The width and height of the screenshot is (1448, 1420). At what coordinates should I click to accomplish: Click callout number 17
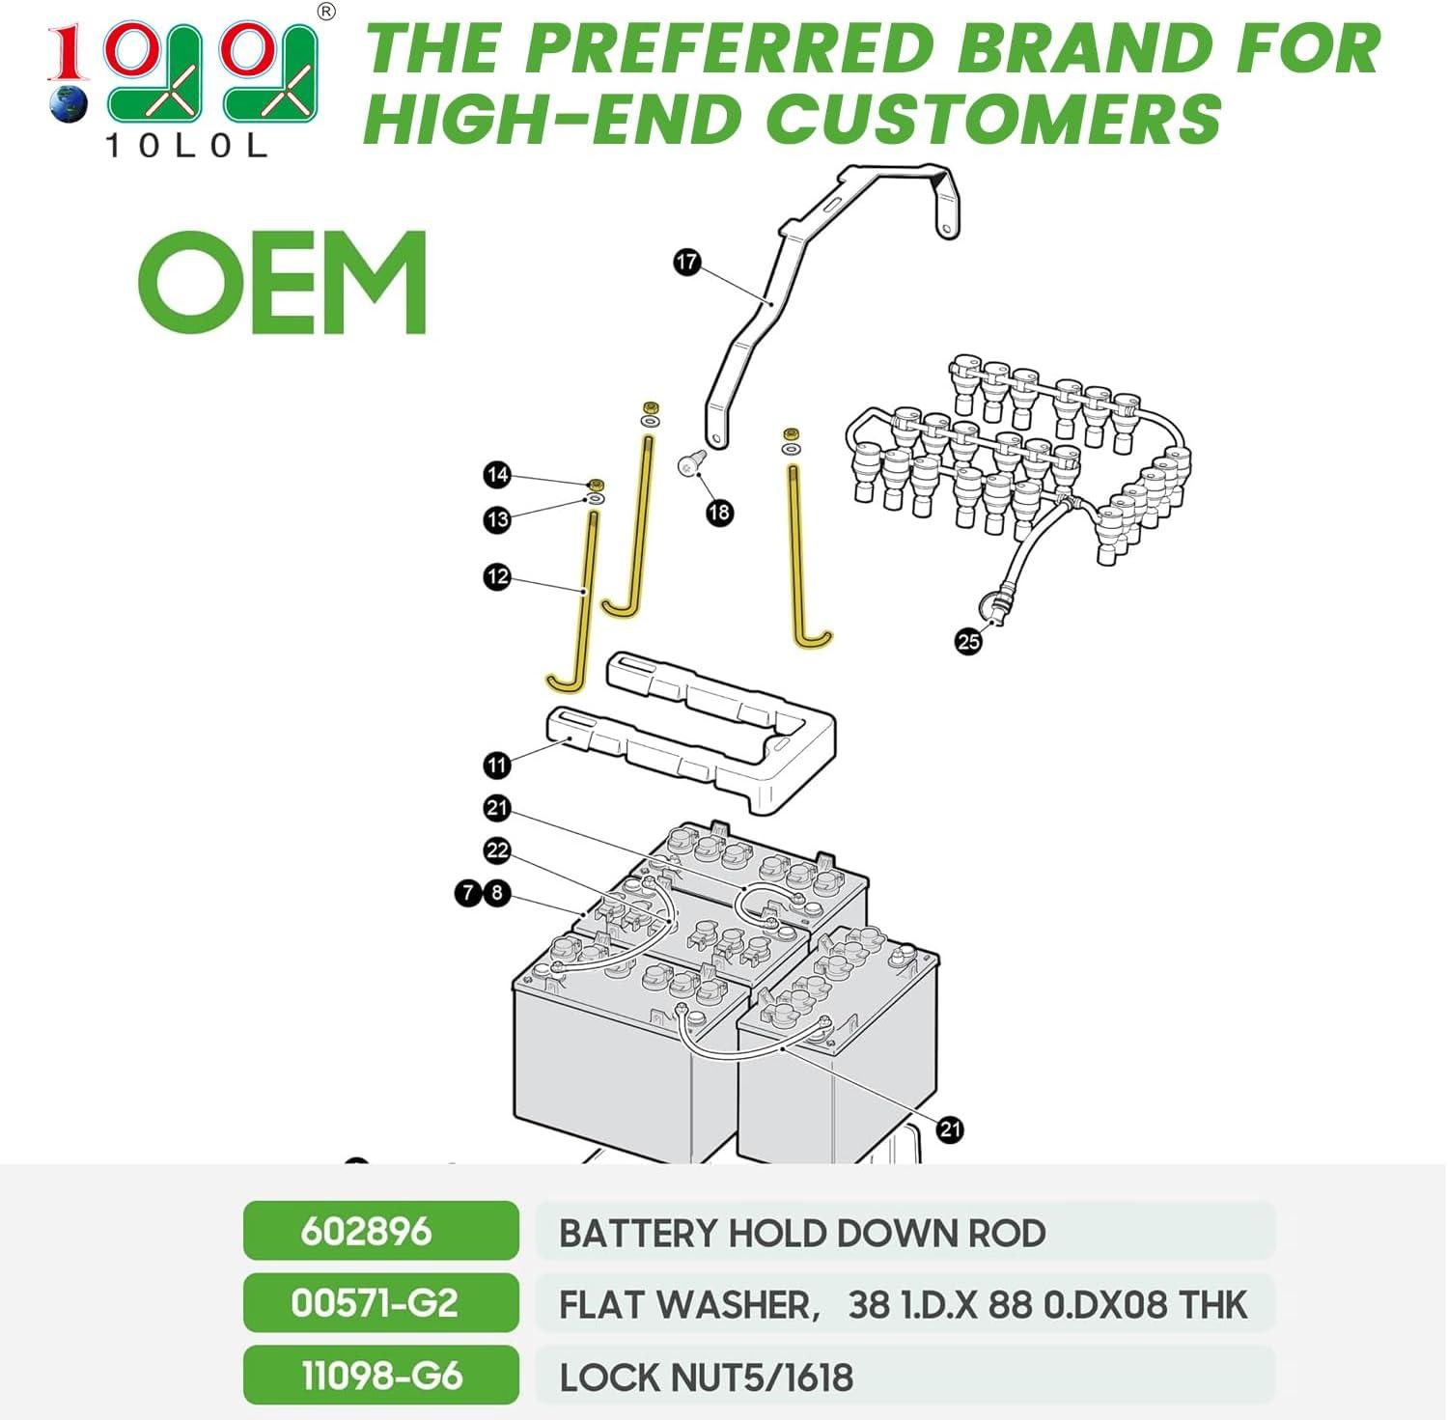click(x=686, y=262)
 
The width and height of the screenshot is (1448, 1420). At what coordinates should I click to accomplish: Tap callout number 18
click(x=719, y=513)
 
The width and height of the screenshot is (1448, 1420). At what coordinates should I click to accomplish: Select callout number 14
click(x=497, y=475)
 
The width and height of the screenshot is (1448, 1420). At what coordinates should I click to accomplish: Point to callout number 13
click(x=497, y=520)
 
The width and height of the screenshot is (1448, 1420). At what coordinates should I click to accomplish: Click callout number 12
click(x=497, y=577)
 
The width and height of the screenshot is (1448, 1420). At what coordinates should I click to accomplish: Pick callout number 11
click(x=497, y=766)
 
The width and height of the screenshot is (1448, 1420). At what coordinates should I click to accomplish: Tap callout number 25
click(x=968, y=641)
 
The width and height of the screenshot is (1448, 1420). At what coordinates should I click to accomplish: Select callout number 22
click(x=497, y=850)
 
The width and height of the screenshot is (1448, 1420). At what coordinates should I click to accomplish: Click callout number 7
click(x=468, y=893)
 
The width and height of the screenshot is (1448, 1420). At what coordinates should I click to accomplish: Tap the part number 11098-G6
click(x=382, y=1376)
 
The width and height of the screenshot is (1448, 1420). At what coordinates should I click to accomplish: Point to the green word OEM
click(x=282, y=283)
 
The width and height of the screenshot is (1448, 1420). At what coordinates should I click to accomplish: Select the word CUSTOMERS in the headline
click(x=994, y=120)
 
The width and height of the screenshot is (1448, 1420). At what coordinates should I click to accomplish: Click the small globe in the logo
click(x=68, y=104)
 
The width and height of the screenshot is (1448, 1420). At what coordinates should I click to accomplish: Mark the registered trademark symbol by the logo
click(x=326, y=12)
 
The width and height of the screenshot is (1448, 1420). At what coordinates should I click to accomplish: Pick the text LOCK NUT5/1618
click(x=707, y=1378)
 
